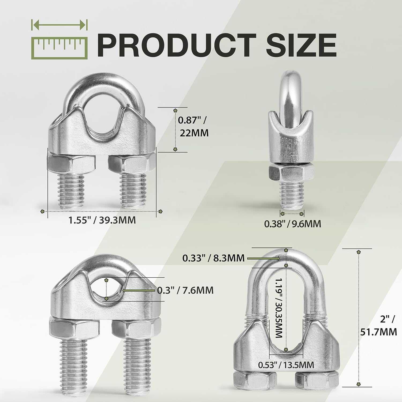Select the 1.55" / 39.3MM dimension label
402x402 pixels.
[102, 220]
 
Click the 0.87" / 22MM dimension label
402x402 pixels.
[193, 126]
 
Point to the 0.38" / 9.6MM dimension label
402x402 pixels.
[293, 224]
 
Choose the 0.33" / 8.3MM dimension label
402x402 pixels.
[213, 258]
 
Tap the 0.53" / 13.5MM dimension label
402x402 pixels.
[286, 365]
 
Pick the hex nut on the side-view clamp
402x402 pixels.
[291, 173]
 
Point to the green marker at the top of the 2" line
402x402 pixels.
[359, 252]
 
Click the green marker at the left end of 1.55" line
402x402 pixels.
[42, 211]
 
